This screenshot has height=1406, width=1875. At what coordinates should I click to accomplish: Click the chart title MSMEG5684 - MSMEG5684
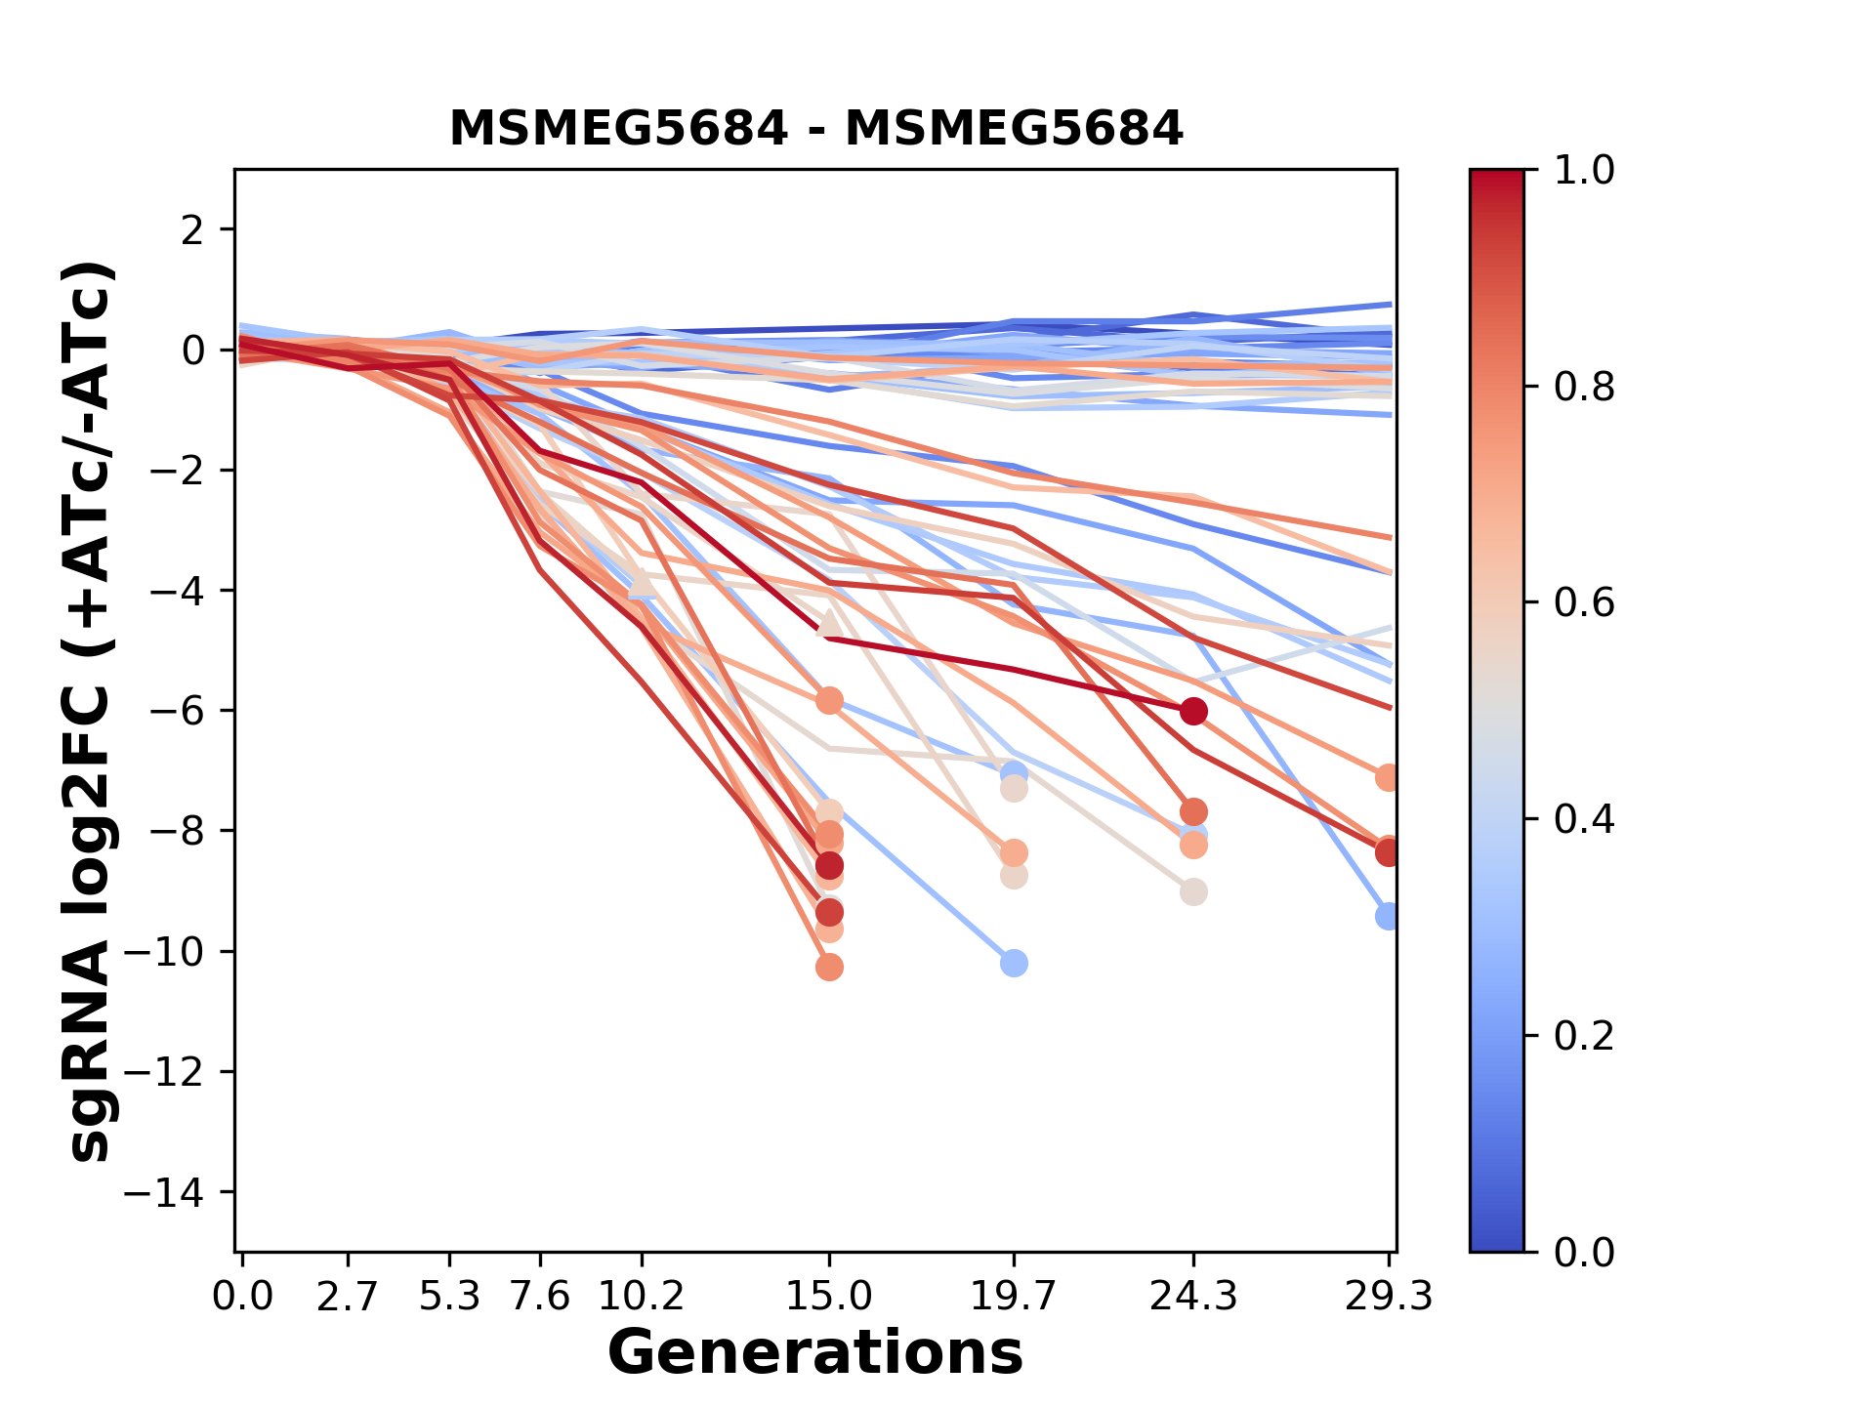point(815,128)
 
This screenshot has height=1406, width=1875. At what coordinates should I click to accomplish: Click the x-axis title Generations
point(815,1352)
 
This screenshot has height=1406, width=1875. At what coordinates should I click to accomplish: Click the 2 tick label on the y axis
point(192,230)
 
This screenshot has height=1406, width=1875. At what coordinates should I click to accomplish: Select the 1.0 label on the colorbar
point(1584,171)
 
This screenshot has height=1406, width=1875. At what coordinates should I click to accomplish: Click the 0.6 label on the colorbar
point(1584,603)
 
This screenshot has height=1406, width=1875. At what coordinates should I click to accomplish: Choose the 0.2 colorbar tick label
point(1584,1036)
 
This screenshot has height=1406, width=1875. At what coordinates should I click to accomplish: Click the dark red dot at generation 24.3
point(1193,711)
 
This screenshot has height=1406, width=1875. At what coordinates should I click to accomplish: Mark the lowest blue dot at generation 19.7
point(1014,964)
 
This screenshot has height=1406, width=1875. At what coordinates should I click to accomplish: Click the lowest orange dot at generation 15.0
point(829,968)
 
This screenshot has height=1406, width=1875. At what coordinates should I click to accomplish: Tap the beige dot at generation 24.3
point(1193,891)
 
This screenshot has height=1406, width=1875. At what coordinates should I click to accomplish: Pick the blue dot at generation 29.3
point(1387,916)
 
